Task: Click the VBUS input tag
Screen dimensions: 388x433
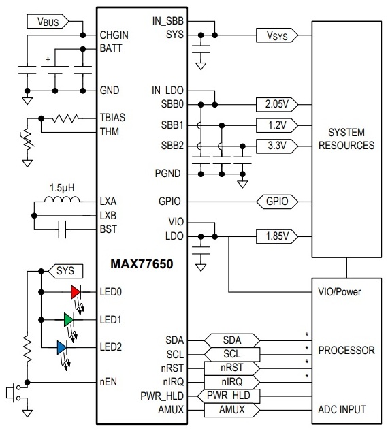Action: click(48, 21)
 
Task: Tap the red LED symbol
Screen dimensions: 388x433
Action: click(76, 292)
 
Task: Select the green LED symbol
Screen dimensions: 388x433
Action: click(69, 320)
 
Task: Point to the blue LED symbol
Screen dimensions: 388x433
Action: click(61, 347)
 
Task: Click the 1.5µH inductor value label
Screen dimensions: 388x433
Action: click(62, 188)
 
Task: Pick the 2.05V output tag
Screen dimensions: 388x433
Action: click(277, 104)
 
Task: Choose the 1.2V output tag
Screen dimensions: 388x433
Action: click(277, 125)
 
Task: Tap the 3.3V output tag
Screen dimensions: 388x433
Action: click(277, 146)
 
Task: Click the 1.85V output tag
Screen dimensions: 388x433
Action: click(277, 236)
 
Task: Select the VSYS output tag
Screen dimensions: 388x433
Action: click(277, 35)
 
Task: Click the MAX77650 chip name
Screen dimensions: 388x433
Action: click(142, 264)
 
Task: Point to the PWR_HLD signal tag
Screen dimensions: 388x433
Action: click(229, 396)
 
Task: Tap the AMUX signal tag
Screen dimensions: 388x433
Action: click(232, 410)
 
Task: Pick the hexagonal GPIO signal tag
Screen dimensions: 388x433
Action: click(277, 202)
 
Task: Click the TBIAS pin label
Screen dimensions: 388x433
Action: click(112, 118)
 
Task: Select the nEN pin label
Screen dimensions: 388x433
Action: click(108, 382)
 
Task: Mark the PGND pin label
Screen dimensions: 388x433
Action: click(167, 174)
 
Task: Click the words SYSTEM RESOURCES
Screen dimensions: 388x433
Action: click(346, 139)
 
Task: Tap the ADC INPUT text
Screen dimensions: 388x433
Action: click(342, 410)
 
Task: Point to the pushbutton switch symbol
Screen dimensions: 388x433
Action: click(13, 393)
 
